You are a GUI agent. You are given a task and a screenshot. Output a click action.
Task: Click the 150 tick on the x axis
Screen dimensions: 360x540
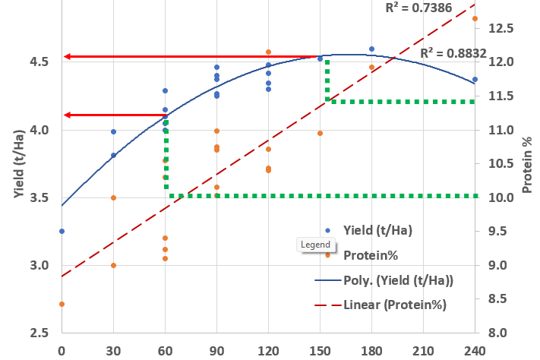pos(320,352)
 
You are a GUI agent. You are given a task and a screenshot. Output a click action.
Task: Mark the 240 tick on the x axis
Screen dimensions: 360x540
pos(475,352)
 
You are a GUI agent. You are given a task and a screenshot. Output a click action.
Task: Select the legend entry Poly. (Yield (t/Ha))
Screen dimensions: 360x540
pos(398,280)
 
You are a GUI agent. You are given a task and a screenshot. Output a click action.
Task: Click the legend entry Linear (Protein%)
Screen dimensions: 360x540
pos(394,305)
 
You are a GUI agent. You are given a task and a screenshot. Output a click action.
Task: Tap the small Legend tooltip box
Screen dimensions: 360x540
pos(316,245)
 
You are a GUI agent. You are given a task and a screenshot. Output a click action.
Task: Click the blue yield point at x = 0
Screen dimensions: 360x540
pos(62,231)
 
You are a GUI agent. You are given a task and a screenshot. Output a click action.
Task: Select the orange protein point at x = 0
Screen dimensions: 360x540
pos(62,304)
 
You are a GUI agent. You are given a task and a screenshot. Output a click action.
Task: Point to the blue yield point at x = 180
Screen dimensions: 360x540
pos(371,49)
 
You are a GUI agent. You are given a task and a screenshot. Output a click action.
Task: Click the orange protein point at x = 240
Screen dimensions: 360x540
pos(475,19)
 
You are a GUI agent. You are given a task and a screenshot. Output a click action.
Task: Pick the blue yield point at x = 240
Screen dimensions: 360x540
pos(475,79)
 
